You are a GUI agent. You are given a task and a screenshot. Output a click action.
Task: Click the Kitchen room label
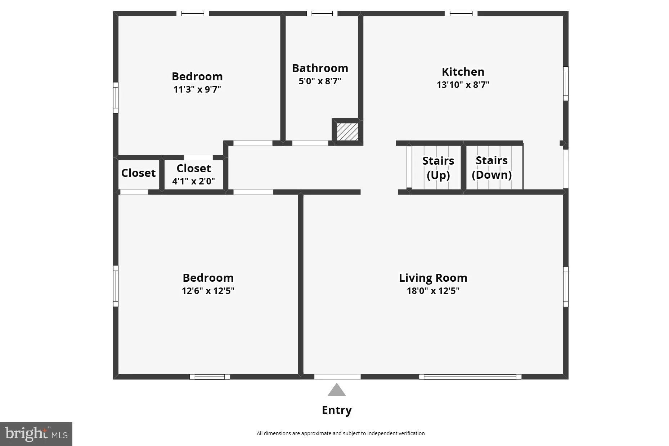point(463,72)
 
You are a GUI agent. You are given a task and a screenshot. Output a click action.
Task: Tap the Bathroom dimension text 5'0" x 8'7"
point(320,81)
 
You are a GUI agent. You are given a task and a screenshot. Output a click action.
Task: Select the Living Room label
point(433,278)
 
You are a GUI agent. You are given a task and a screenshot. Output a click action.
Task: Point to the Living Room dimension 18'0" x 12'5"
point(433,291)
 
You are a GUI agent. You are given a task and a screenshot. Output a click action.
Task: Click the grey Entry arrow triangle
point(337,390)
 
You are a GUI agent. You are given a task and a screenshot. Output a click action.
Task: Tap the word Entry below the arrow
point(337,410)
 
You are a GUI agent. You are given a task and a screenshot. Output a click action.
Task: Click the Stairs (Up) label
point(438,168)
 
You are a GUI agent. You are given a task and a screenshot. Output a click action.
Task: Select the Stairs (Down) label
point(491,168)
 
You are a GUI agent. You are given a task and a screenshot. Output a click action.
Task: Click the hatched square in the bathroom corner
point(347,131)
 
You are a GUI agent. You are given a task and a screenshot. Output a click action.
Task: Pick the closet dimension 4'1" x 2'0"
point(193,181)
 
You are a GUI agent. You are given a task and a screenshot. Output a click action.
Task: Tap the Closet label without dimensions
point(138,173)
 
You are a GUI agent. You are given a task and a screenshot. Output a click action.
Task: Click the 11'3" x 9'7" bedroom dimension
point(197,89)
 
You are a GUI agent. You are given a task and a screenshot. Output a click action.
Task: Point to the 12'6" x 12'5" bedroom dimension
point(208,291)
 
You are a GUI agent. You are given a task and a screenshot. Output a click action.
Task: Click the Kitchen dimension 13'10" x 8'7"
point(463,85)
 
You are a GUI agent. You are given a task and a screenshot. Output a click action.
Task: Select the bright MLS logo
point(36,434)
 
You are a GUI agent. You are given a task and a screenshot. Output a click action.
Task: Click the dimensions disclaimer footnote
point(340,433)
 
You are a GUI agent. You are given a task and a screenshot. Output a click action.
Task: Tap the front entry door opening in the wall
point(337,377)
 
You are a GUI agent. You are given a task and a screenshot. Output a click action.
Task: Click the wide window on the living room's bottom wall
point(470,377)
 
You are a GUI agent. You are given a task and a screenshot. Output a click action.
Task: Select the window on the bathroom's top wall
point(322,14)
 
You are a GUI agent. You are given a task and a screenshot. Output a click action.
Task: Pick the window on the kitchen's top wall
point(461,14)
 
